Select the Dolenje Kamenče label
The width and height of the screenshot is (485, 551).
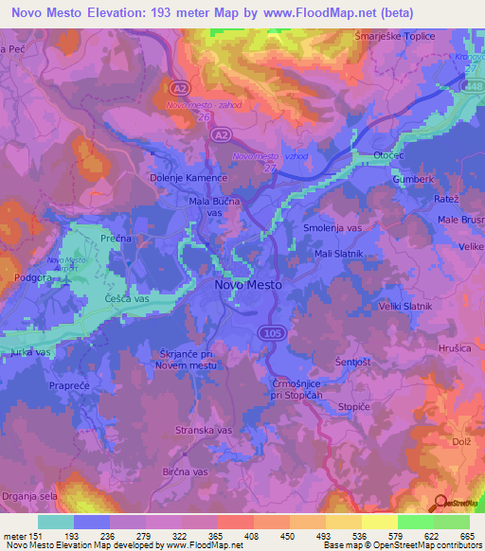(x=189, y=177)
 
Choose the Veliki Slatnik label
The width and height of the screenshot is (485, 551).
(x=404, y=306)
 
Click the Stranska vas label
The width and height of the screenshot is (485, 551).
(x=205, y=430)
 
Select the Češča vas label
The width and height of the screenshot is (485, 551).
(x=128, y=299)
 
